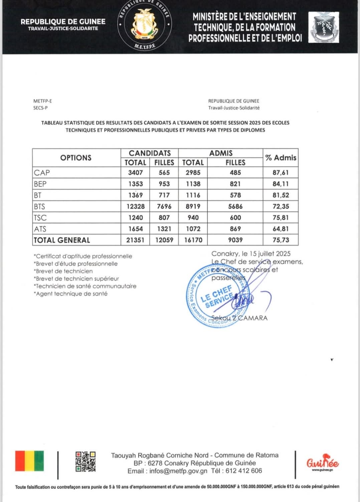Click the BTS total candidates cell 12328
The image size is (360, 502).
point(135,207)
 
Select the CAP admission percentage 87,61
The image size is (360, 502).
point(281,173)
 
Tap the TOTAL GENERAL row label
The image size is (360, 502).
point(62,240)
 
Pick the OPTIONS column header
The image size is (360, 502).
point(76,158)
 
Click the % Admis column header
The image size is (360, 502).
point(281,158)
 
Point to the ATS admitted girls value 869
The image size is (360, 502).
point(235,229)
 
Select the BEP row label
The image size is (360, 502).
point(40,184)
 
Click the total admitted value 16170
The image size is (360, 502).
point(193,240)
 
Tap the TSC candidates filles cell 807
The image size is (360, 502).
point(164,218)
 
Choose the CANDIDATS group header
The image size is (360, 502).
point(150,153)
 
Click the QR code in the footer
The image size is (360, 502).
point(85,462)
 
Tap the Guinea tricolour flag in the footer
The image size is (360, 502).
point(29,461)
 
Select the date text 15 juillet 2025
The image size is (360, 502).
point(266,254)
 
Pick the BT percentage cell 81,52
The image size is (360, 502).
point(281,195)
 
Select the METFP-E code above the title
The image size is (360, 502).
point(42,101)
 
